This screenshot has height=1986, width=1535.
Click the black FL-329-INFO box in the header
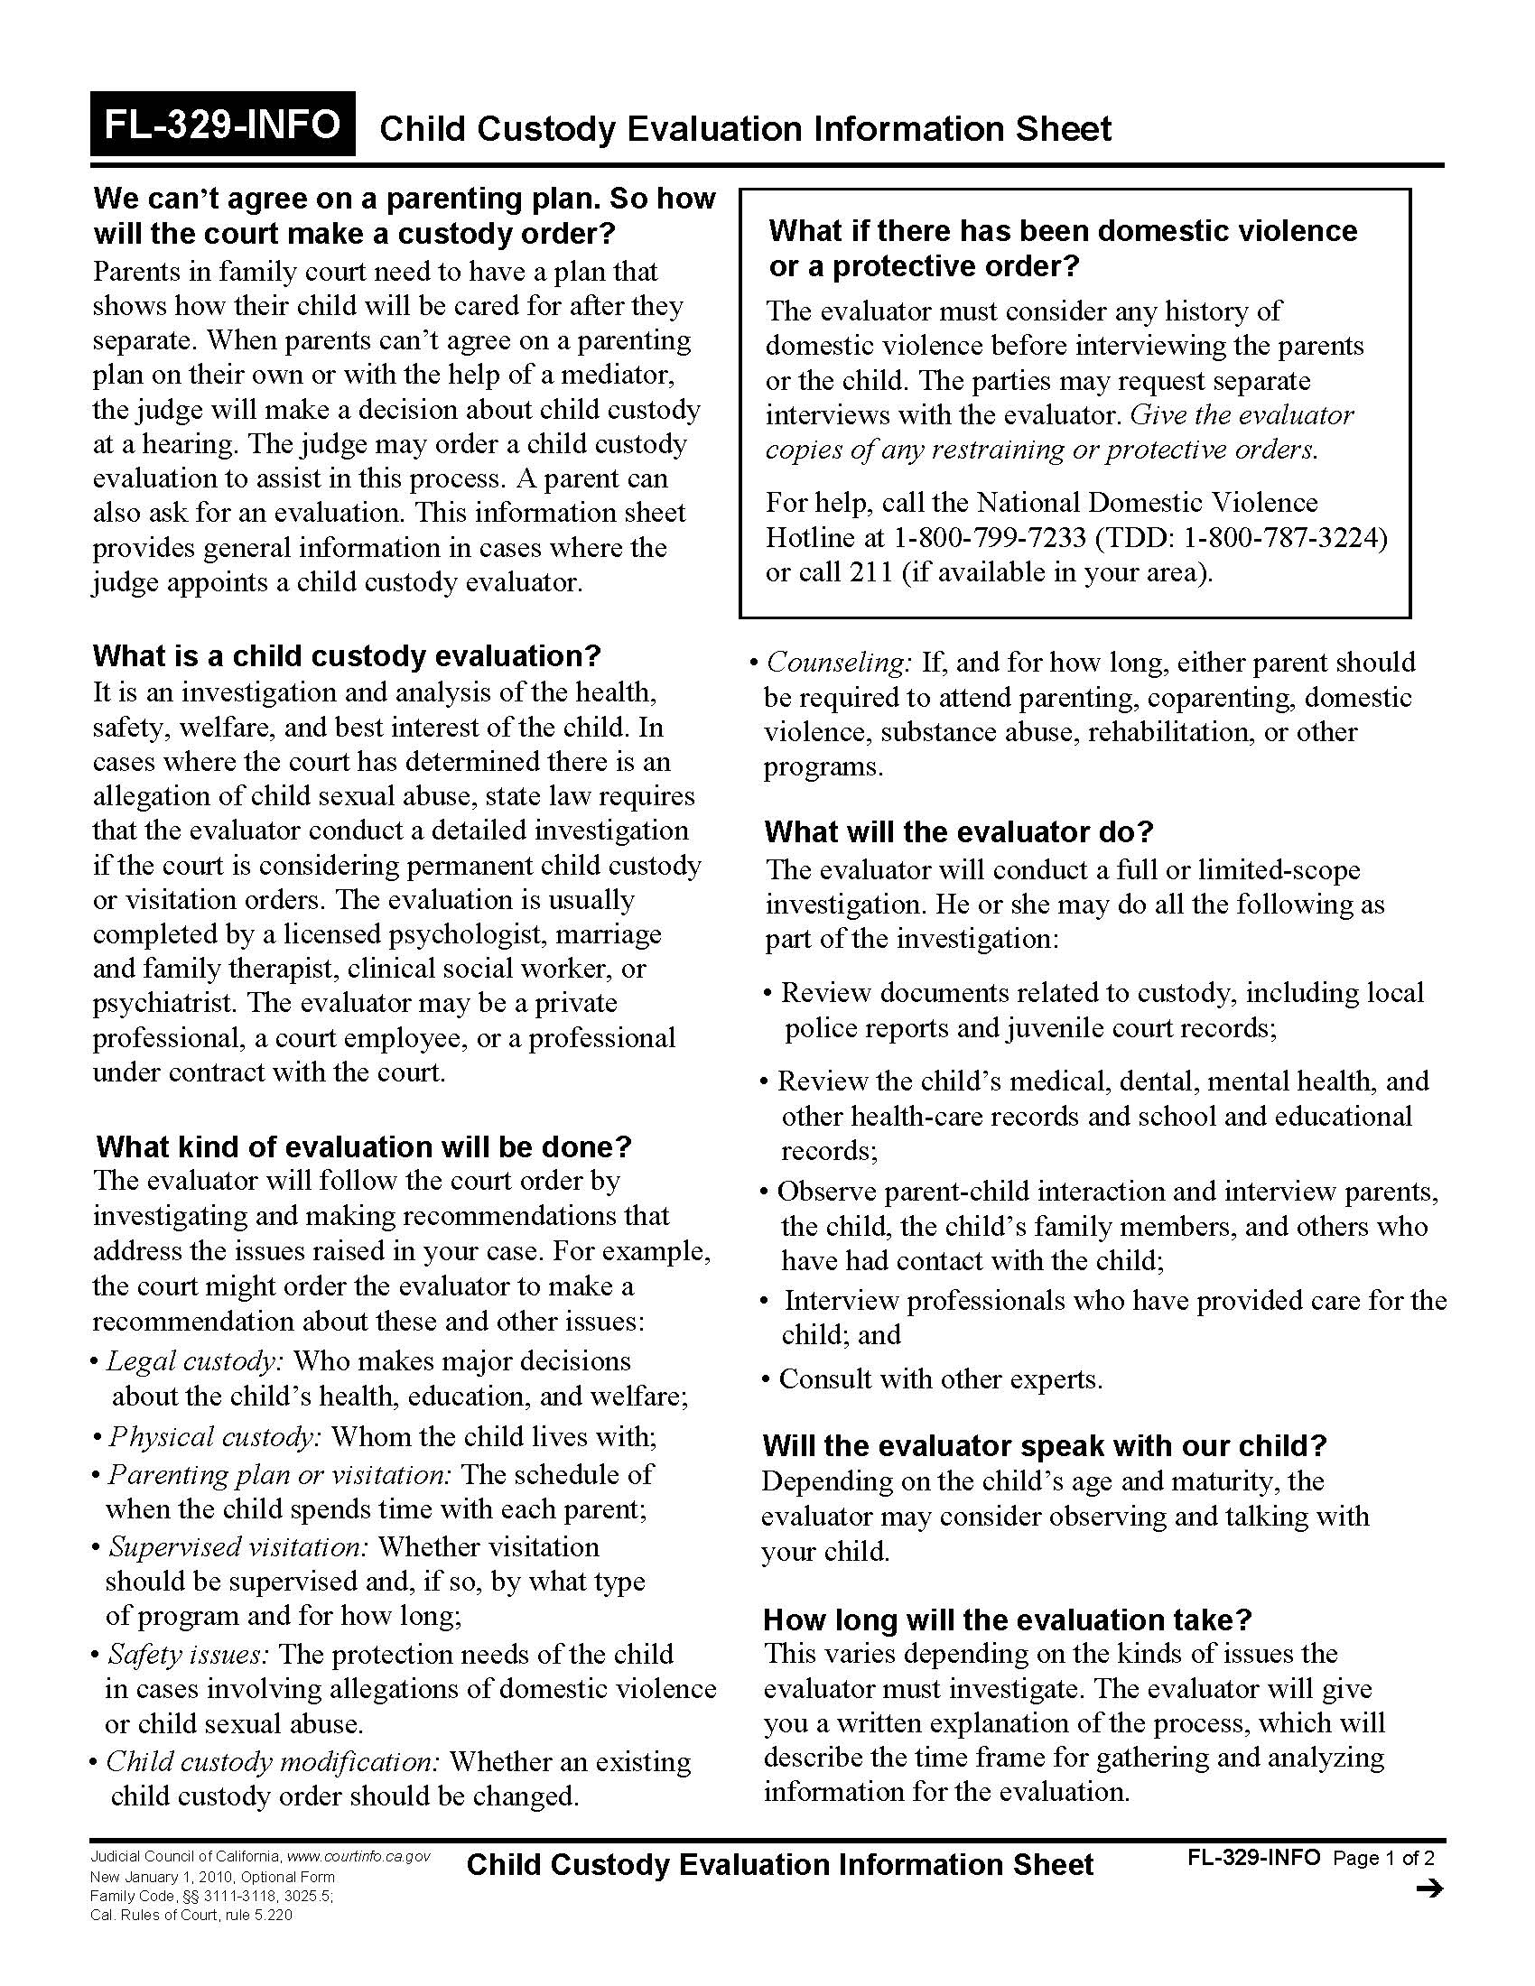click(x=222, y=124)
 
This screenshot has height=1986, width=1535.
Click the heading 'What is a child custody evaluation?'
click(x=347, y=655)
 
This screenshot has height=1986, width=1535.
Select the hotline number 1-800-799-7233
click(x=990, y=538)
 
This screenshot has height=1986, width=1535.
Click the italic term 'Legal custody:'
click(x=196, y=1360)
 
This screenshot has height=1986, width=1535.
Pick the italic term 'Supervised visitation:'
click(x=238, y=1546)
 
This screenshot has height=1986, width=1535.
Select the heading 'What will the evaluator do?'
click(x=958, y=831)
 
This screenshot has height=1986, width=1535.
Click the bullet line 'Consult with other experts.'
click(x=940, y=1378)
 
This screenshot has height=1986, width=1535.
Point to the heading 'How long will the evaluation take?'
click(x=1008, y=1619)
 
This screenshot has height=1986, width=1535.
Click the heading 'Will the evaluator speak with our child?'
click(x=1045, y=1446)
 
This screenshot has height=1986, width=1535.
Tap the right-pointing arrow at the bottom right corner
click(x=1429, y=1889)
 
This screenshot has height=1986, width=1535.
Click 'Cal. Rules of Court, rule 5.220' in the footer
click(x=191, y=1915)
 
